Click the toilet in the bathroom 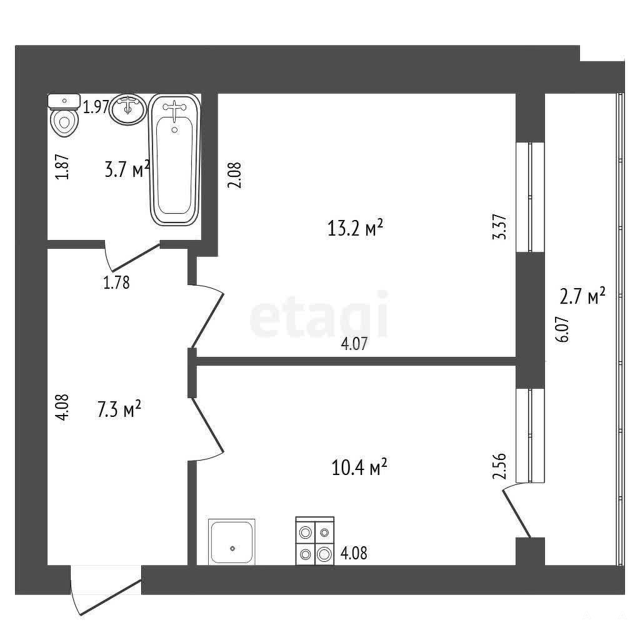[64, 115]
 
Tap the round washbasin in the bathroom [127, 109]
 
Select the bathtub [175, 159]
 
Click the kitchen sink [231, 542]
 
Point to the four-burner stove [315, 541]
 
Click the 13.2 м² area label [355, 227]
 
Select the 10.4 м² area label [359, 467]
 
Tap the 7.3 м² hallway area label [119, 409]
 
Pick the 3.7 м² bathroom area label [127, 169]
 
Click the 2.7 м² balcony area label [582, 296]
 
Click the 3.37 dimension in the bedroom [501, 227]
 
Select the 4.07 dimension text [354, 344]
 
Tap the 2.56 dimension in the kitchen [499, 466]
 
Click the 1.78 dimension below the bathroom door [116, 282]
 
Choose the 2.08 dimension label [235, 175]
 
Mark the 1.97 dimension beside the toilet [96, 107]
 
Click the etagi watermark [319, 314]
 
